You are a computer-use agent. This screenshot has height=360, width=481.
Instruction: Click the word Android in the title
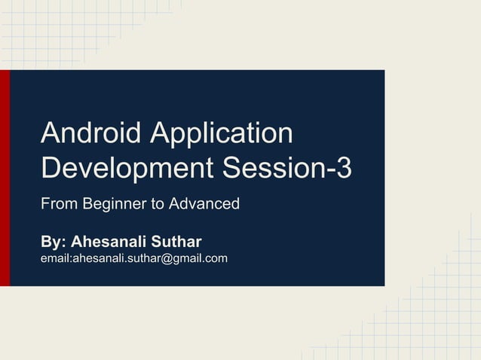(x=91, y=133)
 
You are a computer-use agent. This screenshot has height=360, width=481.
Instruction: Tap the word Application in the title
(x=222, y=135)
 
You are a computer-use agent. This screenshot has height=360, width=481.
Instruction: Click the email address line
(x=134, y=259)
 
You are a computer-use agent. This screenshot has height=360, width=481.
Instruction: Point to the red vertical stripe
(x=5, y=178)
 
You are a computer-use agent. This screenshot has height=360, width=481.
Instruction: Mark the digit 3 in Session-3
(x=343, y=166)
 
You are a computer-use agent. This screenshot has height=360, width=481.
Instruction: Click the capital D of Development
(x=51, y=166)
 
